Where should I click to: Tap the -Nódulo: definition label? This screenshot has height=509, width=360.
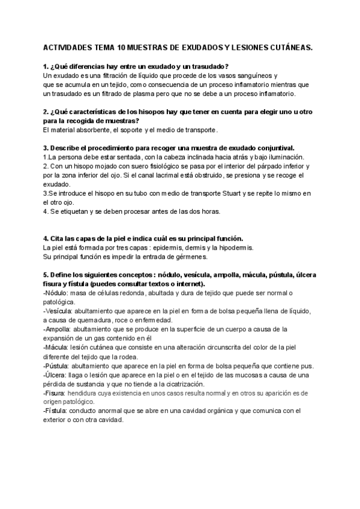point(56,293)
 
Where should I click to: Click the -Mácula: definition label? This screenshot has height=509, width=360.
point(56,347)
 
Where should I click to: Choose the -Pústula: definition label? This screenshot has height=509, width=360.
point(57,366)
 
